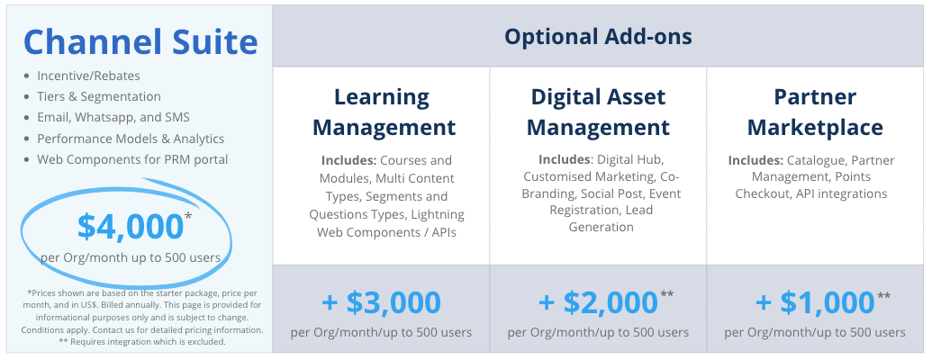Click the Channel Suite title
[x=140, y=41]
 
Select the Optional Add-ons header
[x=599, y=37]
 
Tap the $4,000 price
[x=131, y=226]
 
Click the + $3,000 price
[x=381, y=302]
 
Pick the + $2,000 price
[x=598, y=302]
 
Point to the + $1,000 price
[x=815, y=302]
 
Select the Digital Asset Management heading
[x=599, y=112]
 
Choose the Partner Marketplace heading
[x=815, y=112]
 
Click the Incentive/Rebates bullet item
[x=88, y=76]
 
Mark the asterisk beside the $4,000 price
[x=188, y=216]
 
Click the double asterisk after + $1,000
[x=884, y=295]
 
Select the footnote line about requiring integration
[x=142, y=342]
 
